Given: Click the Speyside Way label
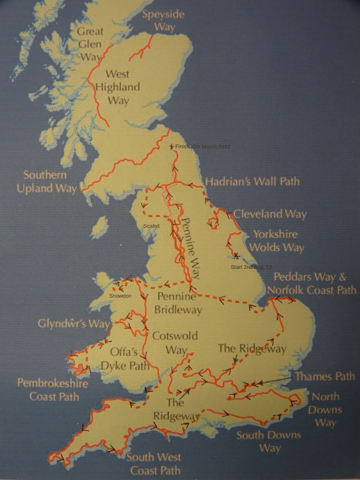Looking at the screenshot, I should [x=163, y=20].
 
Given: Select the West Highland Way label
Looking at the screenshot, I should [x=118, y=87].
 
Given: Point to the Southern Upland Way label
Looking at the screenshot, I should [x=46, y=182].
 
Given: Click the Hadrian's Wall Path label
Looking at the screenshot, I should [x=252, y=181].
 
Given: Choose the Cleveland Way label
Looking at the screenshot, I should [x=270, y=214].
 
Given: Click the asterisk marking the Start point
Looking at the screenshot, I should [x=236, y=256].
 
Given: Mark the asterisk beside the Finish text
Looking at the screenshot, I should [x=172, y=146].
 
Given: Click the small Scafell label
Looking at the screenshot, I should [x=151, y=226].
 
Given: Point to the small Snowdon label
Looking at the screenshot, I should [x=120, y=296].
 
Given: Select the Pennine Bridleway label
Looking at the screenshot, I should [x=178, y=303].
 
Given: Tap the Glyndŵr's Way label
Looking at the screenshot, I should [x=73, y=324].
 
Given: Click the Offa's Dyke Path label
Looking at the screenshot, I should [x=125, y=358].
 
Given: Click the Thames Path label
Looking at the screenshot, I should [x=325, y=376].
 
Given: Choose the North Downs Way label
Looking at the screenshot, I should [x=325, y=410].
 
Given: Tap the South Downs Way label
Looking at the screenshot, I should [x=268, y=442].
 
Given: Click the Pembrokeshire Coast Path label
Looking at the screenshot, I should [x=53, y=390].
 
